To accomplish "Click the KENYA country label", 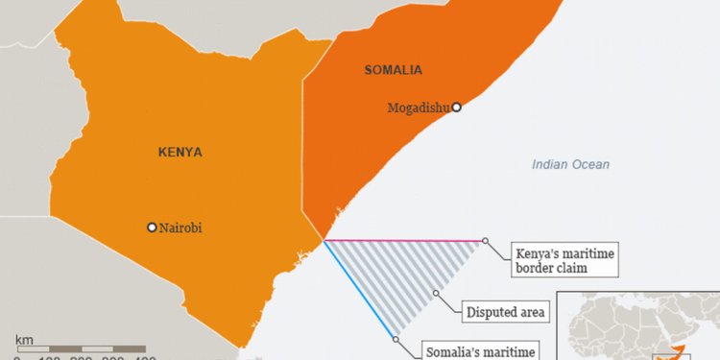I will pos(179,152).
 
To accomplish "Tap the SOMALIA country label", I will pos(395,70).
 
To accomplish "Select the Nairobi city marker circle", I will pos(152,228).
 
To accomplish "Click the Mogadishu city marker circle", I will pos(457,108).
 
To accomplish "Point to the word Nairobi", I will pos(181,228).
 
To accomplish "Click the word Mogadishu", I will pos(419,108).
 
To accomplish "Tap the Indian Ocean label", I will pos(570,165).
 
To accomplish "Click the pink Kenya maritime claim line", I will pos(403,240).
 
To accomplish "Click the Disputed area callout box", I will pos(506,312).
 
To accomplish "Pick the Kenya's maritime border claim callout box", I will pos(563,259).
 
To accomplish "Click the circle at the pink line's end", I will pos(486,241).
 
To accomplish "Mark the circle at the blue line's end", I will pos(395,338).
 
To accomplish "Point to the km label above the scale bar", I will pos(24,338).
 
